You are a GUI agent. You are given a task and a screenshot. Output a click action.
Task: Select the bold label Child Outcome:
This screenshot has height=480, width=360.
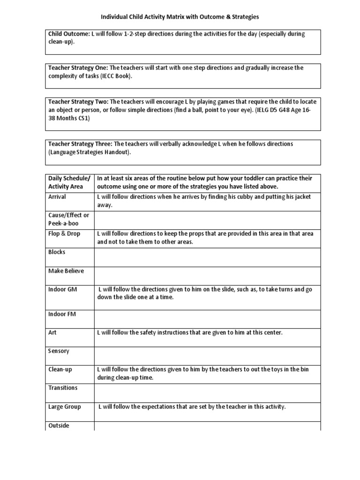click(69, 34)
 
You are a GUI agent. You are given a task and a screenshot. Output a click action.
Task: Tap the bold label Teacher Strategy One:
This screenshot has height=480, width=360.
click(78, 67)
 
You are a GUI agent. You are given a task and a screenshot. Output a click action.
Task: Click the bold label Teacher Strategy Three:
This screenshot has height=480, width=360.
click(80, 143)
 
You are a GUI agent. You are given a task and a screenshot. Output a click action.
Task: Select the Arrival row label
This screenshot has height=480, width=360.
click(57, 197)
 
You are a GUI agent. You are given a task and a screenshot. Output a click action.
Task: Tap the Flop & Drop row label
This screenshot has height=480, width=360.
click(64, 233)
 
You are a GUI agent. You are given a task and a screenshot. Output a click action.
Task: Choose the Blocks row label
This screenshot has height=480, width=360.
click(57, 252)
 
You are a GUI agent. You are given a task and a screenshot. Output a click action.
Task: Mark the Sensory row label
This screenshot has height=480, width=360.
click(59, 351)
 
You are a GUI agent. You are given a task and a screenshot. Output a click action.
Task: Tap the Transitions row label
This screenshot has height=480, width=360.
click(63, 388)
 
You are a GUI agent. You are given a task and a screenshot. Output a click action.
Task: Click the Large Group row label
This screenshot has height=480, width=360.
click(65, 406)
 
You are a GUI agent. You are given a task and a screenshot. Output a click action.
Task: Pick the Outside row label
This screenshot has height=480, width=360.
click(59, 426)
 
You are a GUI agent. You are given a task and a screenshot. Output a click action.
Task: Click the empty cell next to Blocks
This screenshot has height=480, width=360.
click(207, 257)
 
